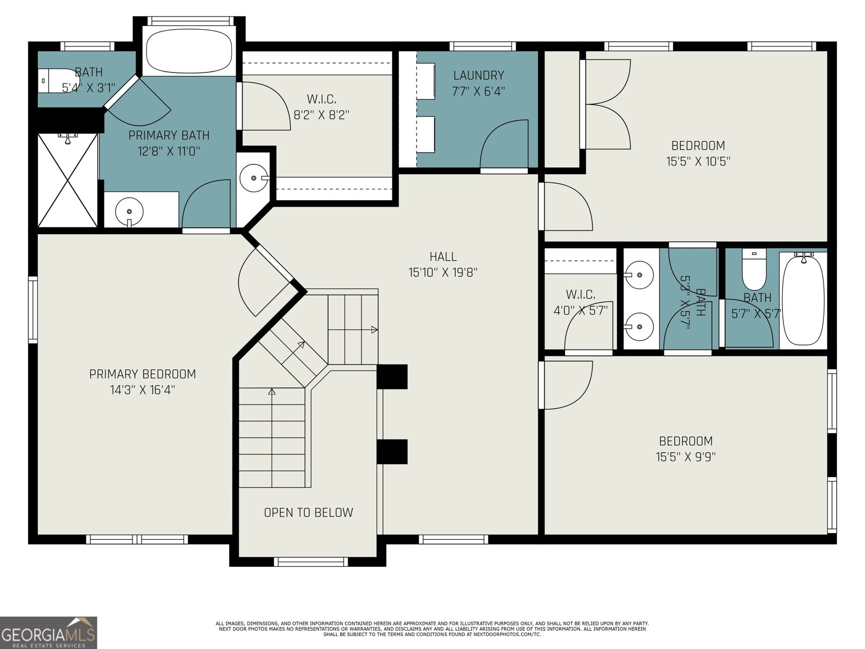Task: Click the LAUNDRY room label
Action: coord(478,76)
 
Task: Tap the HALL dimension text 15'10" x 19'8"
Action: coord(443,273)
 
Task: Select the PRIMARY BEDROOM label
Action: coord(142,374)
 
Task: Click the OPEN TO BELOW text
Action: coord(308,513)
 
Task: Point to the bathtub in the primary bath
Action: coord(189,51)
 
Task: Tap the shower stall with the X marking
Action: coord(68,180)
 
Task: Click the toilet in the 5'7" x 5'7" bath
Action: coord(754,270)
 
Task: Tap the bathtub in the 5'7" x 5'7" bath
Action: coord(803,300)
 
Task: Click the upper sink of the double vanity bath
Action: coord(639,275)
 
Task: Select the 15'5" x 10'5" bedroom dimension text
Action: coord(698,161)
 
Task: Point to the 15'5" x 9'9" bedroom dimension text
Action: coord(686,457)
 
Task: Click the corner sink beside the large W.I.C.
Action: coord(253,177)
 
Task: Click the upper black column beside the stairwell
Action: coord(392,377)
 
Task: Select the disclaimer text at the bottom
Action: coord(432,628)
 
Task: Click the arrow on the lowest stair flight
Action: coord(272,392)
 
